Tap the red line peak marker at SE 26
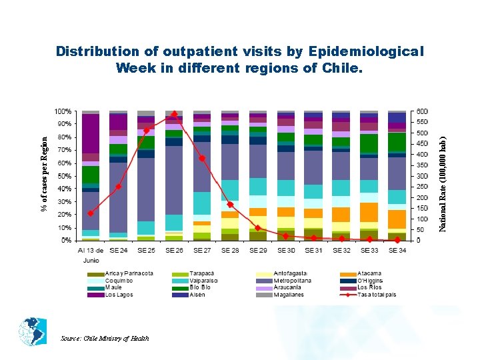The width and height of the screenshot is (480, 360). [174, 114]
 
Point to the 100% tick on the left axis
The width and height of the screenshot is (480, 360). [63, 111]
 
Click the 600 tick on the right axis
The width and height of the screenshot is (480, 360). [423, 111]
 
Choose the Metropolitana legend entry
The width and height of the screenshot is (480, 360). [287, 281]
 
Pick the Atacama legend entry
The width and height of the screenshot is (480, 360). [369, 273]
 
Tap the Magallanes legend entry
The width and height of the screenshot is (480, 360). [288, 295]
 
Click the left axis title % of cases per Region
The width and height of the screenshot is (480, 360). [44, 175]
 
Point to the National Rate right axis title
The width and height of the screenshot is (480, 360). [442, 175]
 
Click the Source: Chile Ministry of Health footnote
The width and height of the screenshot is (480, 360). [105, 338]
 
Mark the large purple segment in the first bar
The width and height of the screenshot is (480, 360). [91, 133]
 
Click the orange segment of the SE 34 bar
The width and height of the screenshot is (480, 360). [397, 219]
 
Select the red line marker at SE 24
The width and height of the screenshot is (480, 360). [118, 187]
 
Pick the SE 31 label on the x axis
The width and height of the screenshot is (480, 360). [313, 250]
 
